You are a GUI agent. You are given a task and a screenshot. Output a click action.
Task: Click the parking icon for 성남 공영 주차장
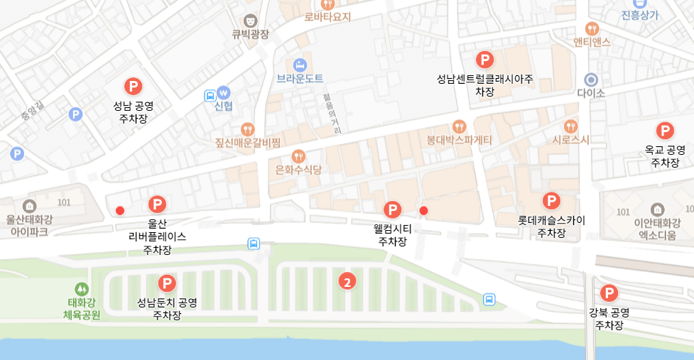pyautogui.click(x=133, y=87)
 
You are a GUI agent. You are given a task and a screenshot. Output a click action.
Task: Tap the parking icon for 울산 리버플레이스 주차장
pyautogui.click(x=157, y=205)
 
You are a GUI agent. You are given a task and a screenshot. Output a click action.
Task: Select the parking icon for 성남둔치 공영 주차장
pyautogui.click(x=167, y=283)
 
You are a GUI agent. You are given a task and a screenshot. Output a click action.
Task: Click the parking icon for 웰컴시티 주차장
pyautogui.click(x=392, y=209)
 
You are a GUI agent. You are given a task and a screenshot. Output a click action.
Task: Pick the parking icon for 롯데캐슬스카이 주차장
pyautogui.click(x=551, y=201)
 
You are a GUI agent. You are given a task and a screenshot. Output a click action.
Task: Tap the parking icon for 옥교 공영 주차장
pyautogui.click(x=665, y=131)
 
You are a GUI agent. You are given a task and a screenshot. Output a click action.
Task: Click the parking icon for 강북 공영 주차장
pyautogui.click(x=609, y=293)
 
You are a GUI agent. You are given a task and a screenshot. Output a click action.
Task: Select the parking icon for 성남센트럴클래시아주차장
pyautogui.click(x=484, y=60)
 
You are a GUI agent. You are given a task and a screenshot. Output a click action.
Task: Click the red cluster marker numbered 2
pyautogui.click(x=347, y=282)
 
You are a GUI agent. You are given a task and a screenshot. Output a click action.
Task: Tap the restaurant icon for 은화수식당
pyautogui.click(x=298, y=156)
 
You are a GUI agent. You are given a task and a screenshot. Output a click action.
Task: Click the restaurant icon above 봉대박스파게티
pyautogui.click(x=459, y=126)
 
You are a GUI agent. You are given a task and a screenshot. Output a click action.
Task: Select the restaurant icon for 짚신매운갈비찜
pyautogui.click(x=247, y=129)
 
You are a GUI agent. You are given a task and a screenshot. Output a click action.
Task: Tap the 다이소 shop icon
pyautogui.click(x=590, y=79)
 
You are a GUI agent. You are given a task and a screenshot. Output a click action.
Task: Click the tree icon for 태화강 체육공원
pyautogui.click(x=82, y=289)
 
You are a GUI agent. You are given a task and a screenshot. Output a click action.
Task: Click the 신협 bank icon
pyautogui.click(x=224, y=92)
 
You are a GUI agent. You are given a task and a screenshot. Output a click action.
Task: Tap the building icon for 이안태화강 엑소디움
pyautogui.click(x=657, y=209)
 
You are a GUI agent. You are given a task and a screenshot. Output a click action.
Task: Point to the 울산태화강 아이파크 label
pyautogui.click(x=29, y=225)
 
